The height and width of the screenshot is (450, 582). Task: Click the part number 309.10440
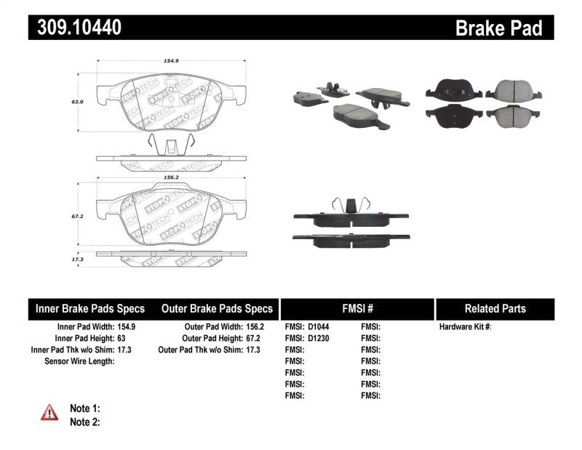[x=75, y=28]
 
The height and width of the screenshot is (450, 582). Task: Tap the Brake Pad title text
[x=498, y=28]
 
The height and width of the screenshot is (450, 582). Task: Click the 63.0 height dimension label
[x=78, y=103]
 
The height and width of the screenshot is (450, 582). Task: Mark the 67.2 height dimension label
[x=78, y=216]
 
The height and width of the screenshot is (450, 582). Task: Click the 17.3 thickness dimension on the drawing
[x=78, y=259]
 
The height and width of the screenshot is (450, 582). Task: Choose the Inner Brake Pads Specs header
[x=90, y=308]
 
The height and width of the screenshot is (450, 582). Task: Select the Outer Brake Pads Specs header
[x=216, y=308]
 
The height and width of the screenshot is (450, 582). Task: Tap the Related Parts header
[x=495, y=308]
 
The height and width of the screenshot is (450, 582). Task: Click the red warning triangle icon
[x=49, y=413]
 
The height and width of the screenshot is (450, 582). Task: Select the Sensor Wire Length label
[x=79, y=361]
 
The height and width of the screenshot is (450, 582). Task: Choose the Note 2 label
[x=84, y=422]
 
